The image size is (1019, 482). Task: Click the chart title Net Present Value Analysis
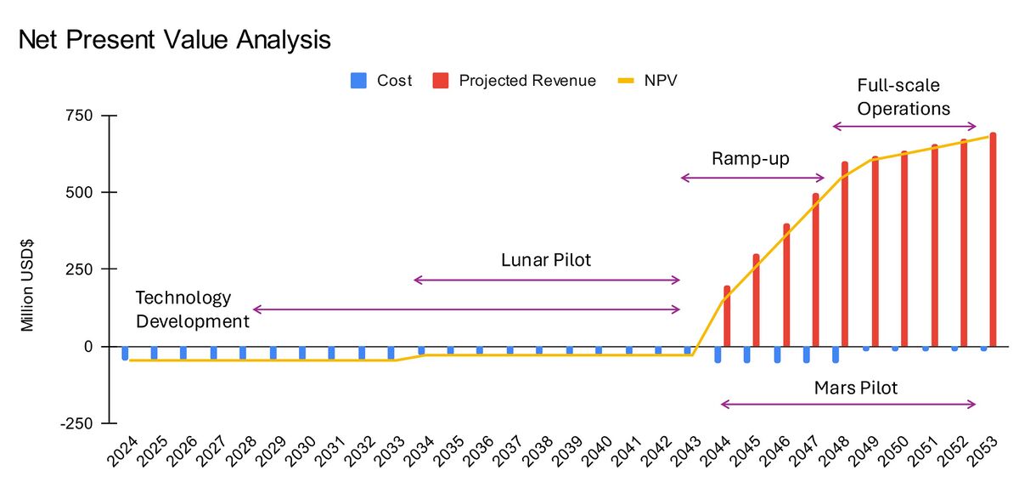pyautogui.click(x=174, y=40)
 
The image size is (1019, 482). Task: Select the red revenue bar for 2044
pyautogui.click(x=727, y=316)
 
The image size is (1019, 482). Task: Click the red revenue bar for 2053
pyautogui.click(x=992, y=240)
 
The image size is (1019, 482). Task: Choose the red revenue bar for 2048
pyautogui.click(x=844, y=254)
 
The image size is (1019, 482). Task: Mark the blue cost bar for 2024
pyautogui.click(x=125, y=353)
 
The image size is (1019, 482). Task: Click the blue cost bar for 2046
pyautogui.click(x=777, y=354)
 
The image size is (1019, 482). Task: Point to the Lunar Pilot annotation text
pyautogui.click(x=546, y=260)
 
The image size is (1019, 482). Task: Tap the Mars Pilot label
pyautogui.click(x=855, y=388)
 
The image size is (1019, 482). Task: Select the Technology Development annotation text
pyautogui.click(x=192, y=309)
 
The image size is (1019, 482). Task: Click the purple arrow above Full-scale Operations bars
pyautogui.click(x=904, y=127)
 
